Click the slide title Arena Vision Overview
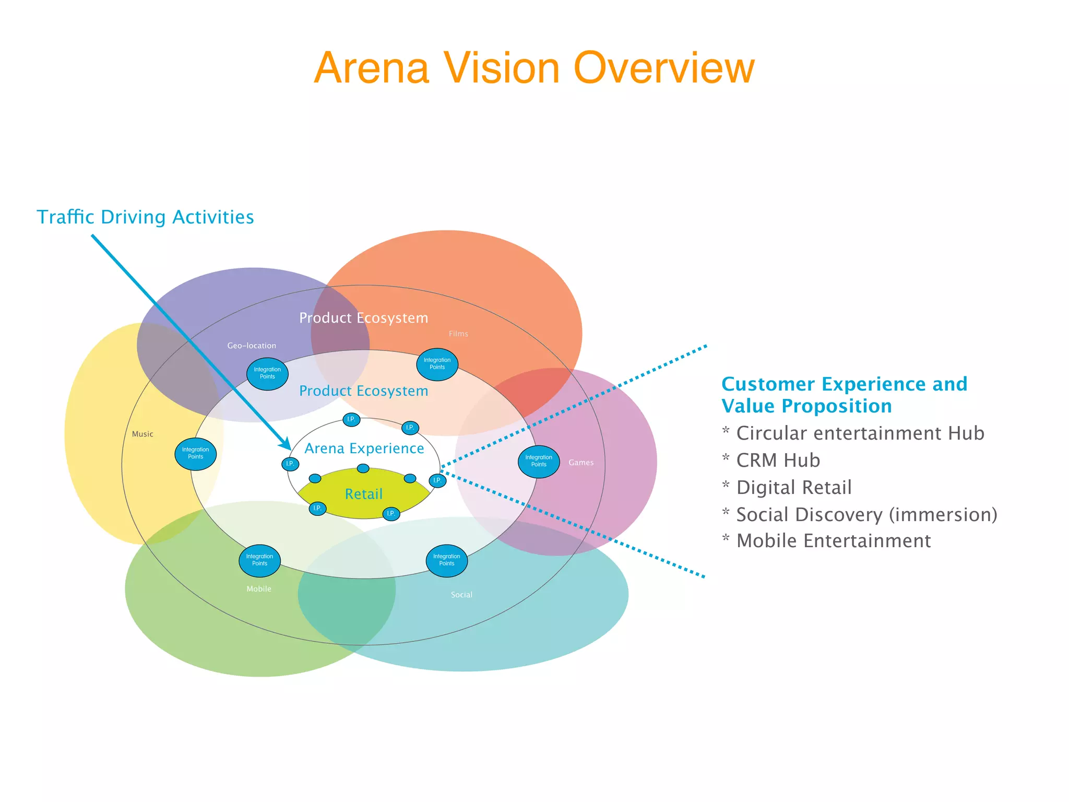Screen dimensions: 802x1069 (x=534, y=68)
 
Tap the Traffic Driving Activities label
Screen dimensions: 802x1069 (x=145, y=217)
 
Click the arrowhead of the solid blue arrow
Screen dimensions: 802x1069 (x=287, y=445)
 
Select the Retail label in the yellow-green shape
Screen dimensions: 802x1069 (x=364, y=494)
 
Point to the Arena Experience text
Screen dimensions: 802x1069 (x=364, y=449)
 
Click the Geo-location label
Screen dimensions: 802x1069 (x=252, y=346)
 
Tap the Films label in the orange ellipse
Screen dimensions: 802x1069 (x=458, y=334)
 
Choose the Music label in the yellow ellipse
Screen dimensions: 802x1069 (x=142, y=434)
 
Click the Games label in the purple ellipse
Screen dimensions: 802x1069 (x=581, y=463)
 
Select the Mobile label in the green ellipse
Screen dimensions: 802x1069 (x=259, y=589)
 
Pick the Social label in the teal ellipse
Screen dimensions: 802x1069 (x=461, y=595)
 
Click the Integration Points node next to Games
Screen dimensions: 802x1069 (x=539, y=461)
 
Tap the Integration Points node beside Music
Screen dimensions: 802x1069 (x=196, y=453)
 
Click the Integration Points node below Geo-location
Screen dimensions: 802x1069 (x=267, y=373)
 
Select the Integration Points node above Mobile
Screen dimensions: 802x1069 (x=259, y=560)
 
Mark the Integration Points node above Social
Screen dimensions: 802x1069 (x=447, y=560)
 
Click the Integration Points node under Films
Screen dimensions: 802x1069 (x=437, y=364)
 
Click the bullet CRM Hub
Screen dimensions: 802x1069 (x=778, y=461)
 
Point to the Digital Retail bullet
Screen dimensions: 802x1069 (x=793, y=488)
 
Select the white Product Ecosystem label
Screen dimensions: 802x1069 (x=364, y=318)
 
